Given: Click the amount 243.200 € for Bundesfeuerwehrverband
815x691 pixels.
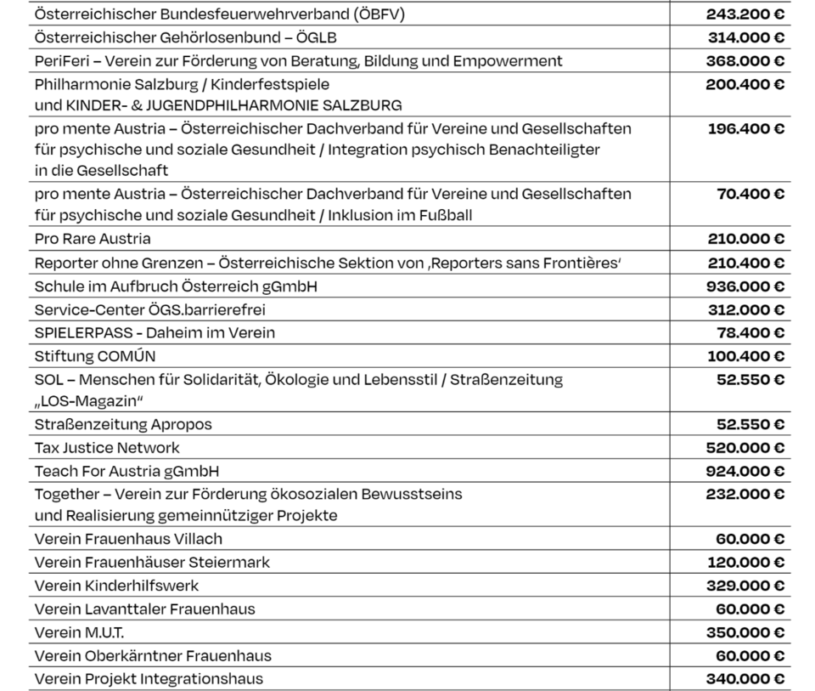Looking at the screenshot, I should (745, 14).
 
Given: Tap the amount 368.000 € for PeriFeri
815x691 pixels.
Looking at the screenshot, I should (745, 61).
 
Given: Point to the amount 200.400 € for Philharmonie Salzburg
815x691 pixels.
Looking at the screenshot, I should (745, 84).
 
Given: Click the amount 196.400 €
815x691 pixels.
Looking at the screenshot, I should (745, 128).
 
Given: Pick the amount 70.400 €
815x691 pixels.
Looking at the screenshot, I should (750, 194).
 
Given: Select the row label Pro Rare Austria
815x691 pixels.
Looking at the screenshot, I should (93, 239).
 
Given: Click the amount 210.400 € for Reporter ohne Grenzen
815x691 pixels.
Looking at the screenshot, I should (745, 263).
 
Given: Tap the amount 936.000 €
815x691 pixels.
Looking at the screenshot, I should (745, 286).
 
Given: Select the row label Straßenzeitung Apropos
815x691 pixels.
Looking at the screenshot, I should (123, 423).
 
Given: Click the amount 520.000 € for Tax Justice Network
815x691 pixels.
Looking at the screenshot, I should (745, 447).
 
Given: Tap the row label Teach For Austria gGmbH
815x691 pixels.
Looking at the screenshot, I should (121, 470).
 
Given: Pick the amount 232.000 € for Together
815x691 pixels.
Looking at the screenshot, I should (745, 493).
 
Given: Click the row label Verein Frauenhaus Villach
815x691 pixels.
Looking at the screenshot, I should (128, 539).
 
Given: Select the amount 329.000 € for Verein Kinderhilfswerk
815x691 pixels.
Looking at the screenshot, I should (745, 586).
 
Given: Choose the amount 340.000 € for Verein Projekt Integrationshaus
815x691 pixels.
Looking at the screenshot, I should (745, 678).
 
